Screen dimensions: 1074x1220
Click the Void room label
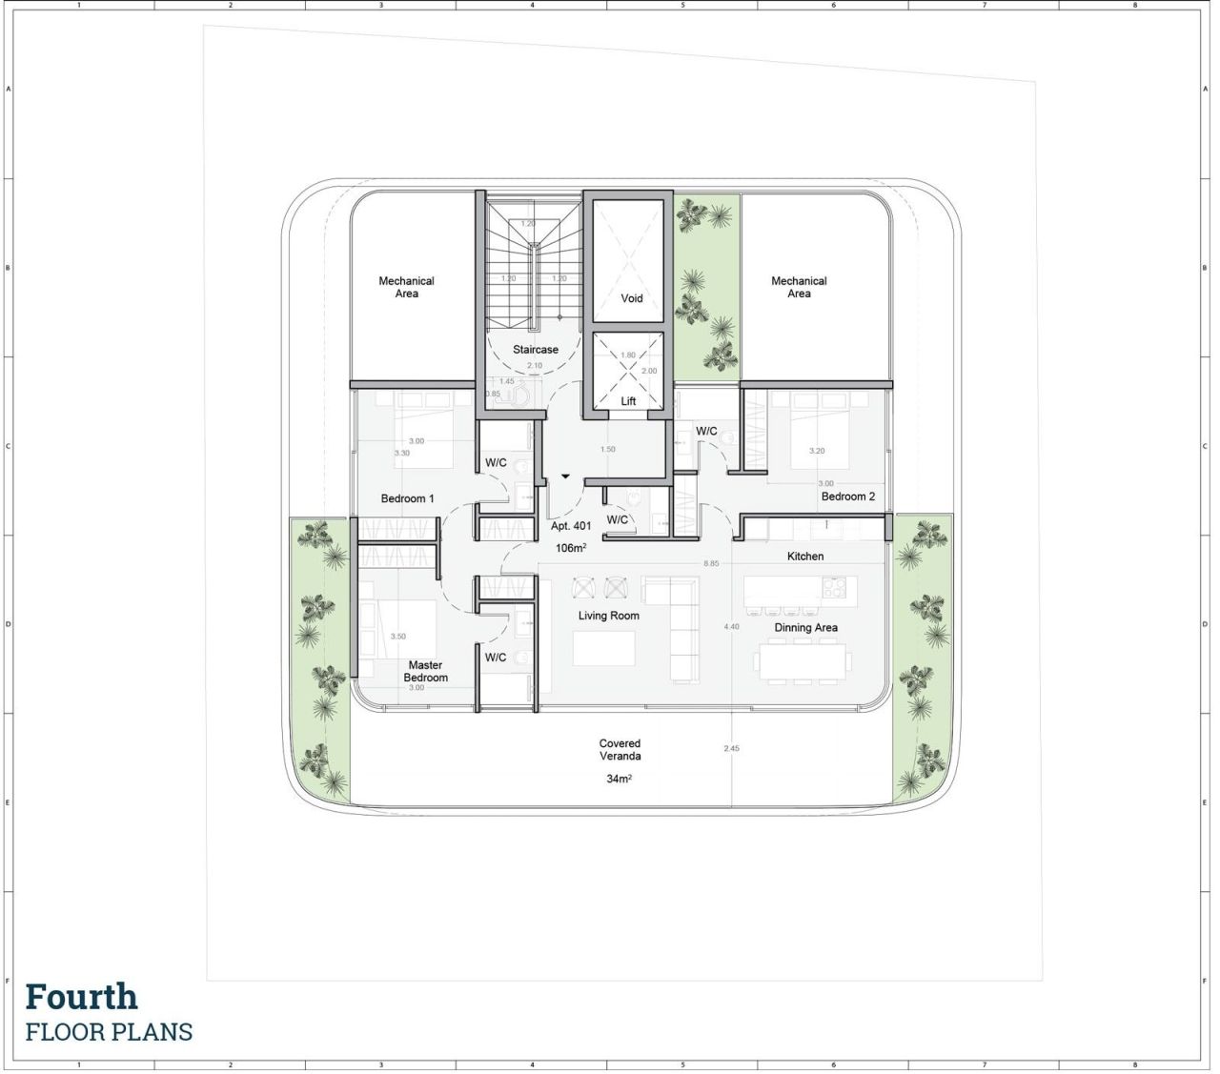pos(632,298)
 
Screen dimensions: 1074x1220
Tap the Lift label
pos(628,401)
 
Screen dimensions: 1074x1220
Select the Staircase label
pos(536,350)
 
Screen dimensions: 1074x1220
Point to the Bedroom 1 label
pos(407,498)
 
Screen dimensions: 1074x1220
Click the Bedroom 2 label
pos(847,496)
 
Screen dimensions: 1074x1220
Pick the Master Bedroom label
pos(425,672)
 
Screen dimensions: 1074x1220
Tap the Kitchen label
pos(805,557)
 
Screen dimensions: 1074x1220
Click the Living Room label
pos(608,616)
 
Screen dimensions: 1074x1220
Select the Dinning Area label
pos(805,628)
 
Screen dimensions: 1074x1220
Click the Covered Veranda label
pos(620,750)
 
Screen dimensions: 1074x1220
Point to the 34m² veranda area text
pos(620,780)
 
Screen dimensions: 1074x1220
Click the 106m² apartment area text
pos(571,549)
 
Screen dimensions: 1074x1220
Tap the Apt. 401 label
pos(571,526)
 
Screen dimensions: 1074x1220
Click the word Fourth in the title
pos(82,997)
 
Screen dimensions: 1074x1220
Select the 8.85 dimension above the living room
pos(711,564)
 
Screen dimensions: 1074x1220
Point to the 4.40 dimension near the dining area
pos(731,627)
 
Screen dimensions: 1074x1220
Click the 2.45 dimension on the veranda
pos(731,749)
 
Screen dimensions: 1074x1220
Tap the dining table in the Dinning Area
pos(802,660)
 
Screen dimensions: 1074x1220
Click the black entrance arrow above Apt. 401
pos(565,476)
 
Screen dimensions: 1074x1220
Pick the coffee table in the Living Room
pos(604,649)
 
